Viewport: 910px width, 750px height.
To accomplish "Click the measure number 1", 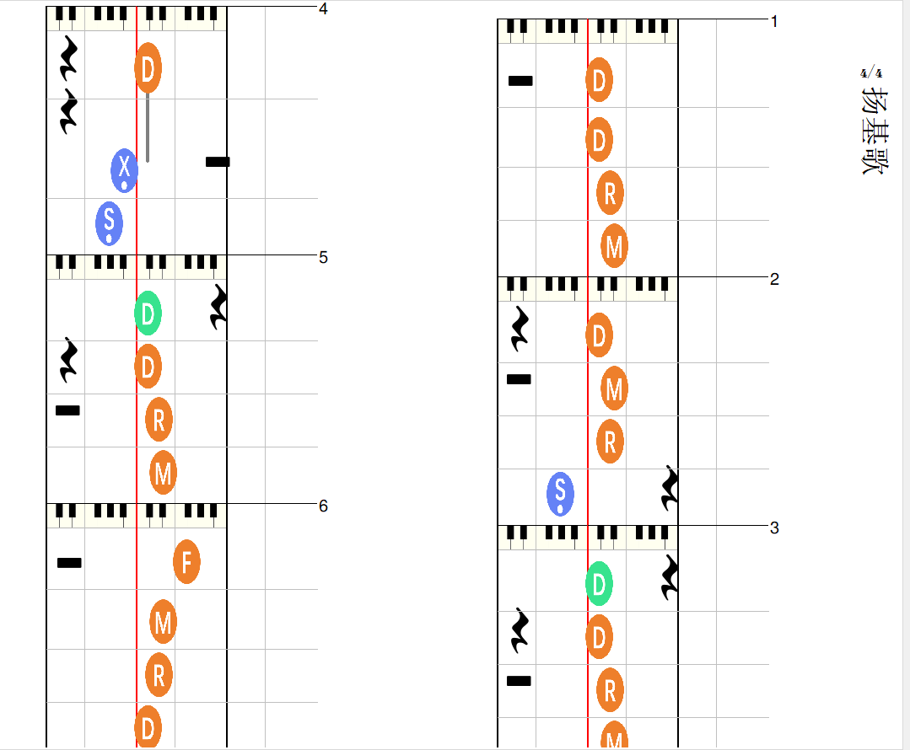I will click(x=774, y=21).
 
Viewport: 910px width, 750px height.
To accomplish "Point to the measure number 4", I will click(x=324, y=9).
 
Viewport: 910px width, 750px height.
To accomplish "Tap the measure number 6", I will click(x=324, y=506).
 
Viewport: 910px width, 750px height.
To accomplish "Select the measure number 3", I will click(x=774, y=528).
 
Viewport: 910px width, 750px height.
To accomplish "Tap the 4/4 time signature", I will click(x=871, y=73).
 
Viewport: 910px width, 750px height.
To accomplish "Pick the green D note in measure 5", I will click(x=148, y=313).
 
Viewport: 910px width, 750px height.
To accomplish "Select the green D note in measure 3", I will click(x=599, y=583).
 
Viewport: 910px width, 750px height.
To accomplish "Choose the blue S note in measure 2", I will click(x=560, y=494).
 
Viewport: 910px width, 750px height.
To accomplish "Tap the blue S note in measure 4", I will click(x=109, y=223).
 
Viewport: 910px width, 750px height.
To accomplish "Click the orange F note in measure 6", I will click(x=186, y=561).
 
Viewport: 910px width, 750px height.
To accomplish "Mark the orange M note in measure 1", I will click(x=614, y=247).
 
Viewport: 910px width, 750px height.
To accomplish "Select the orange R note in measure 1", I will click(x=610, y=192).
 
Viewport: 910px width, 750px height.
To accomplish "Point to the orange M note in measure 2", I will click(x=614, y=389).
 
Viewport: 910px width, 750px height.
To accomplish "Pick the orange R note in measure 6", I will click(x=159, y=675).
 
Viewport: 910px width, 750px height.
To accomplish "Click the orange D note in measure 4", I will click(x=148, y=67).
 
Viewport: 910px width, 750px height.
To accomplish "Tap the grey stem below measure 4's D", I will click(x=148, y=126).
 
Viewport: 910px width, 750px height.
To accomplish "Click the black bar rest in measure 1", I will click(x=520, y=81).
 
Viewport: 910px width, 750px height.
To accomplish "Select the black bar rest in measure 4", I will click(x=218, y=162).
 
